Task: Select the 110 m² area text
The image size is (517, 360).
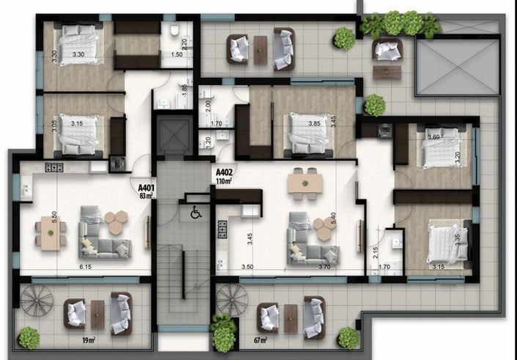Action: [x=225, y=182]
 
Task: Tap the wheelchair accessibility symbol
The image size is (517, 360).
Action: [x=196, y=213]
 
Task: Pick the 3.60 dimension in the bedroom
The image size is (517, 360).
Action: [x=433, y=137]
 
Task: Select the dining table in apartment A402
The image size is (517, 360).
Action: [x=304, y=182]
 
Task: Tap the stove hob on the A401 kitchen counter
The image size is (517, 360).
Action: [x=54, y=167]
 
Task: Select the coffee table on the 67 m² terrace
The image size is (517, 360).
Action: [x=291, y=317]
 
